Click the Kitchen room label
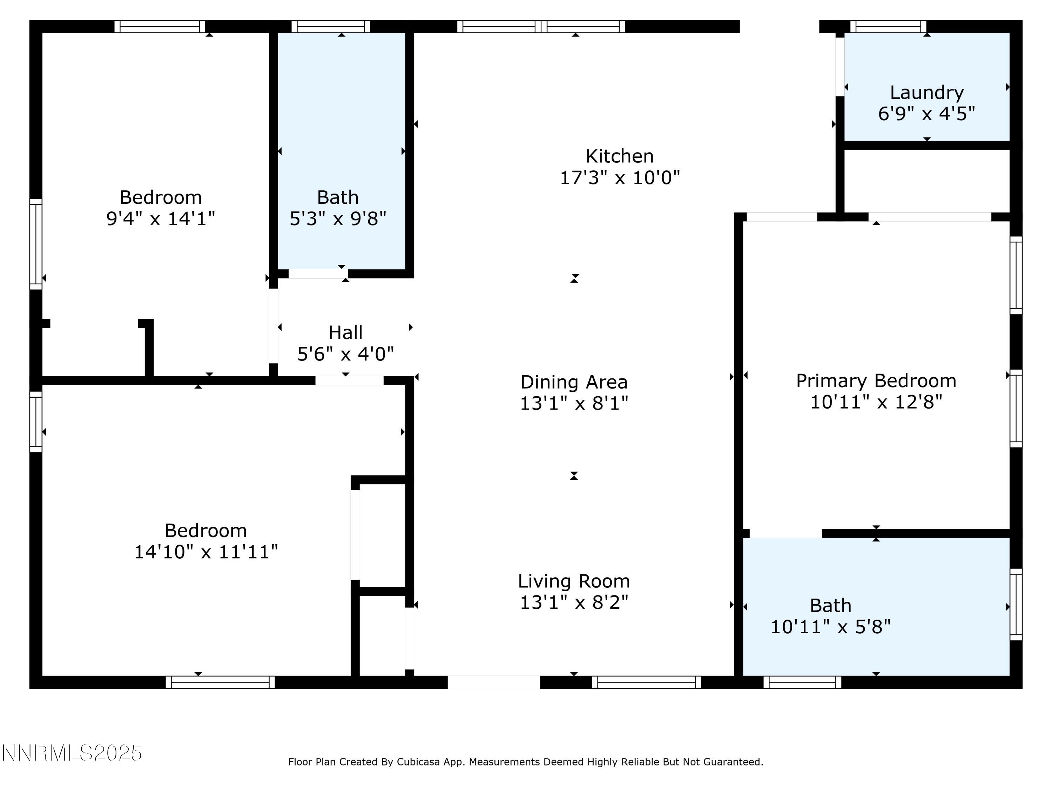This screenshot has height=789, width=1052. [x=619, y=156]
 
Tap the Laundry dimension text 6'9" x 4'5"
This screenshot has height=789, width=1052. [x=926, y=114]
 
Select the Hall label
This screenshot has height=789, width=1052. [x=345, y=332]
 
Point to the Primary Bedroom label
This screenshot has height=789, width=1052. [x=876, y=380]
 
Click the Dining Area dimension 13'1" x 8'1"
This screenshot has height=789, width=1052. [x=574, y=403]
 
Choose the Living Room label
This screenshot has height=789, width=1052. [x=574, y=581]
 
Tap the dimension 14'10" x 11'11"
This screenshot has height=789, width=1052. [x=205, y=552]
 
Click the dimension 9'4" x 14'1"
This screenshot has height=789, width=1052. [x=160, y=218]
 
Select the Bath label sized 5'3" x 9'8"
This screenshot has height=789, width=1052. [x=337, y=197]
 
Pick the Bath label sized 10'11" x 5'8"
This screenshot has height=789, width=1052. [x=830, y=605]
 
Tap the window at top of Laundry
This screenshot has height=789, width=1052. [x=888, y=26]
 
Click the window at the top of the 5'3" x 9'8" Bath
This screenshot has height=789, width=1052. [x=331, y=26]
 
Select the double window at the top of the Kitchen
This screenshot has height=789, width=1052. [x=541, y=26]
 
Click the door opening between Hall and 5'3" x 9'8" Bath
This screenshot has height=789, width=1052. [x=317, y=274]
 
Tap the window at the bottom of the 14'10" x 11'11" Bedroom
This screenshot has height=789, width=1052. [x=220, y=682]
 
